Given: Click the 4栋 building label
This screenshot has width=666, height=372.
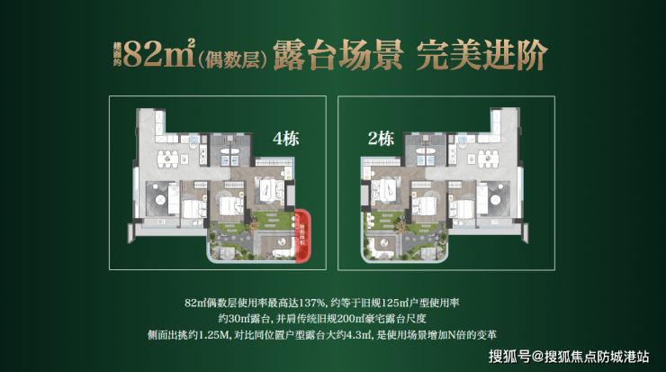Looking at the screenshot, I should click(285, 140).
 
